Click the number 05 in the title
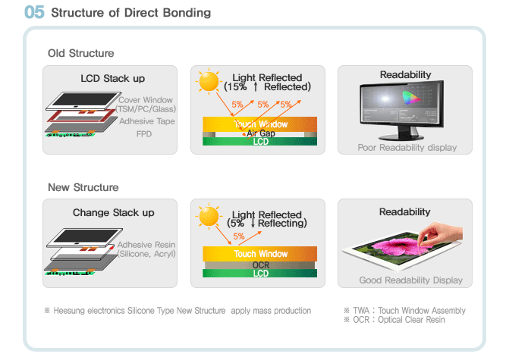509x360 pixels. click(34, 12)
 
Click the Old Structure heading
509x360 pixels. click(81, 53)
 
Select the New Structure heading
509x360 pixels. click(83, 187)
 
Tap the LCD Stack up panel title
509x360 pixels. click(112, 79)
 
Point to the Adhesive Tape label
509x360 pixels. click(146, 121)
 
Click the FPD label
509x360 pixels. click(144, 134)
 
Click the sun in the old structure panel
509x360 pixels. click(209, 81)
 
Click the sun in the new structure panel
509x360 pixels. click(209, 216)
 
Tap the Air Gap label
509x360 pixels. click(261, 133)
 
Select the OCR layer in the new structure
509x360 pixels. click(259, 265)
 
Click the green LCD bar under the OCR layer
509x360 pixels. click(259, 274)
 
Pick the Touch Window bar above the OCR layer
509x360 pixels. click(259, 254)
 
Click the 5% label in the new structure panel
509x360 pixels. click(239, 236)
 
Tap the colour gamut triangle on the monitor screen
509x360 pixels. click(410, 98)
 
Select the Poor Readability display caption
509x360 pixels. click(407, 148)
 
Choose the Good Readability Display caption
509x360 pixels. click(410, 280)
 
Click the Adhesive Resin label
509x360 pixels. click(146, 245)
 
